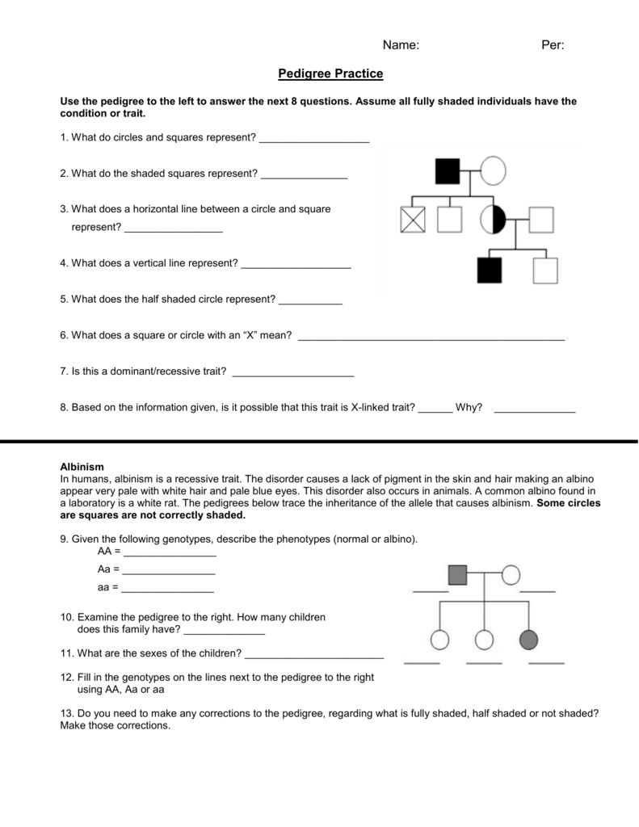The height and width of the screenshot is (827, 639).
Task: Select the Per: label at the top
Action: click(x=552, y=46)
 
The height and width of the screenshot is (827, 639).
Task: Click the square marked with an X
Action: click(x=412, y=219)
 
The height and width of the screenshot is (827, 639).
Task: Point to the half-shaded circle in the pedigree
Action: click(x=493, y=219)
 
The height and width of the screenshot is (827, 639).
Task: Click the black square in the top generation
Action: click(x=448, y=171)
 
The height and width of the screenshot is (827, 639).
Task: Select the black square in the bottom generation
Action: click(x=490, y=271)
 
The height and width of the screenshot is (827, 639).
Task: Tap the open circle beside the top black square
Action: click(x=494, y=171)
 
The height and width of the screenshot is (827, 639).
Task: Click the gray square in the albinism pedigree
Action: click(x=458, y=575)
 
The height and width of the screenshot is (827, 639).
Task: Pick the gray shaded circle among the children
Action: click(x=529, y=640)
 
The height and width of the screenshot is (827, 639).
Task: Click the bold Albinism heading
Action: click(x=82, y=468)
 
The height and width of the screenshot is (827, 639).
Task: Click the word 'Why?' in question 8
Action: click(x=469, y=408)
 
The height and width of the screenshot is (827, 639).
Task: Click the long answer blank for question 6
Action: click(x=431, y=338)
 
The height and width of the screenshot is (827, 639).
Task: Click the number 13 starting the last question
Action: click(x=66, y=713)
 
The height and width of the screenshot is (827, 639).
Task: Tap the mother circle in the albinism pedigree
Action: click(x=511, y=575)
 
